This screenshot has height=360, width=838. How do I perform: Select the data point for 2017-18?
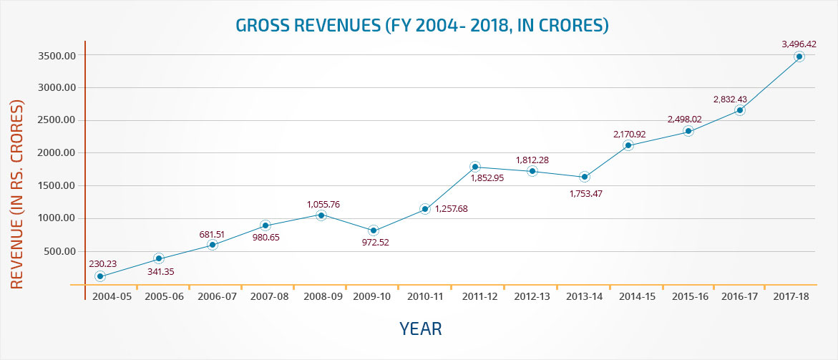(799, 57)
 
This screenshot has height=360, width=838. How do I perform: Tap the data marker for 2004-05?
(100, 276)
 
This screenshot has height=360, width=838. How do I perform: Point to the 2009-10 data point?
(374, 230)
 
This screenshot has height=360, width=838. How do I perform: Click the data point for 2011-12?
(475, 167)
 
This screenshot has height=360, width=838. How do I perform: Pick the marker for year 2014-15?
(628, 145)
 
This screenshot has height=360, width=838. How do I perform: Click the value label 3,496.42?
(799, 44)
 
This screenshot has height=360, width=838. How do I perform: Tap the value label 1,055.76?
(323, 204)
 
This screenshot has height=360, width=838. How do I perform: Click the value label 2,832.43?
(729, 99)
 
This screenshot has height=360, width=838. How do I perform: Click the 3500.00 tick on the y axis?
(56, 55)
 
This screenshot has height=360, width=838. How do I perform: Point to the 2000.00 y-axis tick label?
(56, 153)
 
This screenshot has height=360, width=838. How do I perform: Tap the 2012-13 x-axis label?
(532, 296)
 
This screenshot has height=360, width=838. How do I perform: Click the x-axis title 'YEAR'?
(421, 329)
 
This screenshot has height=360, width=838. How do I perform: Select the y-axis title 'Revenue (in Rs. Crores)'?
(17, 194)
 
